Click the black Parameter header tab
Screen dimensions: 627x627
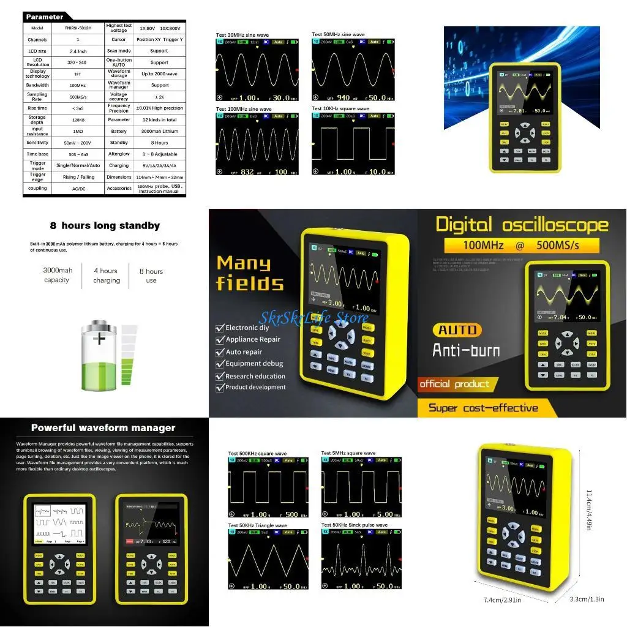(x=45, y=17)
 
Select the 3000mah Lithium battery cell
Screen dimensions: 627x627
(x=159, y=131)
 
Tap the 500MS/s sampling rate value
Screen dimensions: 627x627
(x=77, y=97)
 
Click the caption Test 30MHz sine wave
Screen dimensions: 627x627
(x=243, y=34)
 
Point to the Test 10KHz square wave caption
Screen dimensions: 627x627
(x=340, y=109)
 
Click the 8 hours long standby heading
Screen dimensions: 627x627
(x=105, y=226)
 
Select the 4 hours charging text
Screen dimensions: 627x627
(x=107, y=276)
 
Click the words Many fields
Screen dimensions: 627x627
(x=250, y=273)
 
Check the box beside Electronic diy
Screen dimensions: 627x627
(x=220, y=328)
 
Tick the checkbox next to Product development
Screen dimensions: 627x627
(x=220, y=387)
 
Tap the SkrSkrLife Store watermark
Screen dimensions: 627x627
(x=313, y=317)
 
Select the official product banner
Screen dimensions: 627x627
(x=454, y=385)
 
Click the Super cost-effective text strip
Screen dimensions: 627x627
(x=483, y=408)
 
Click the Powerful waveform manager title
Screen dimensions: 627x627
(x=103, y=428)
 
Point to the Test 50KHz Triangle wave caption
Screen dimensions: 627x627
(x=257, y=525)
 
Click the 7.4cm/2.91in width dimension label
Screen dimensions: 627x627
(x=503, y=600)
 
